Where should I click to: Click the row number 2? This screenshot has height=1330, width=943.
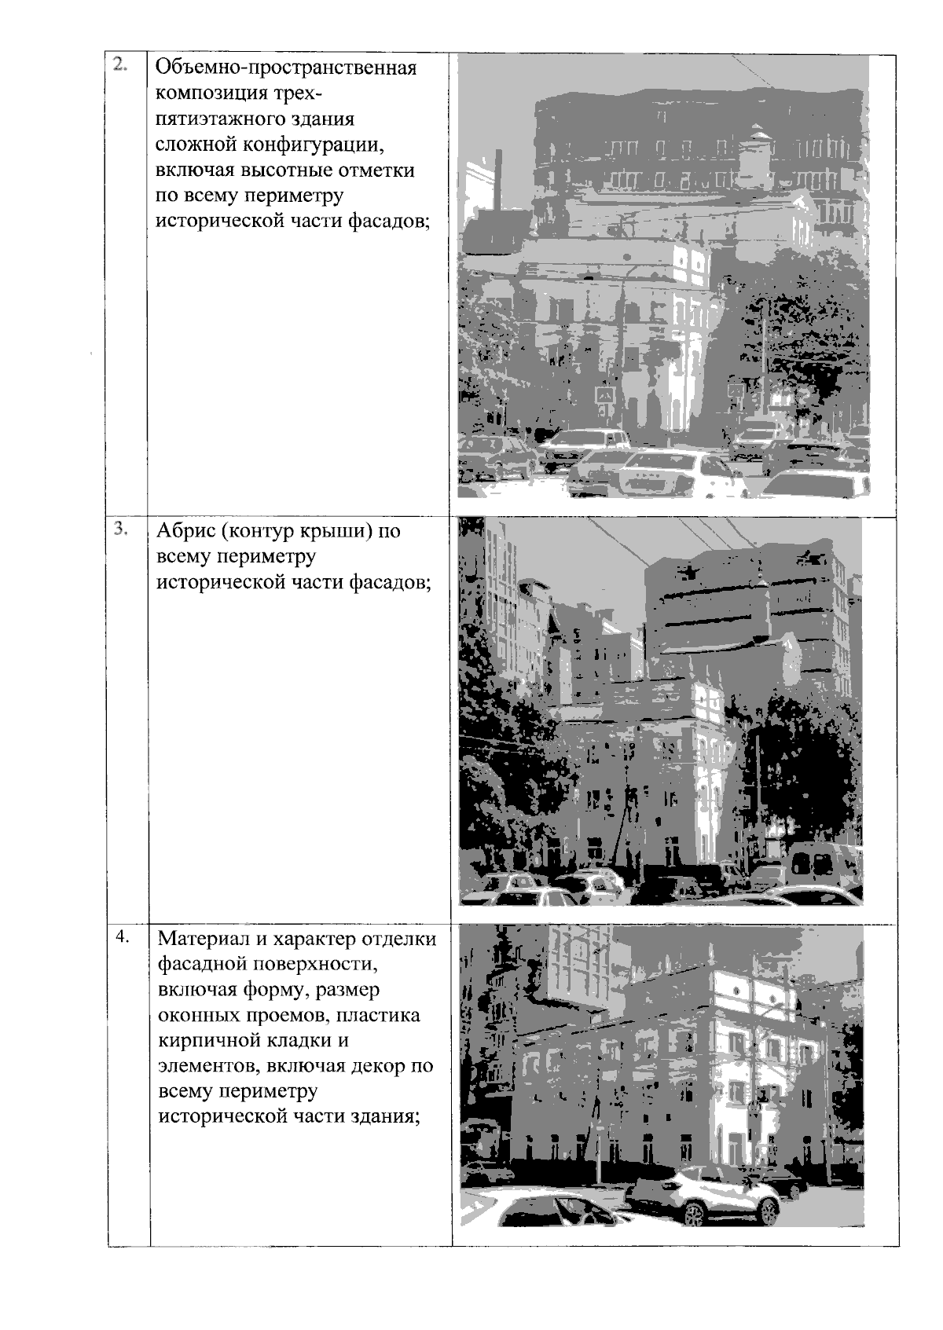pyautogui.click(x=119, y=65)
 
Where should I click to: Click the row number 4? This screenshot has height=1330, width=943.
pyautogui.click(x=122, y=936)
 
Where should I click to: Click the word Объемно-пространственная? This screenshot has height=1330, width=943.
pyautogui.click(x=286, y=68)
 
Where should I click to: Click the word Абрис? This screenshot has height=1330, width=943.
pyautogui.click(x=185, y=532)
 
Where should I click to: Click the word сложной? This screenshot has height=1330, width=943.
pyautogui.click(x=196, y=145)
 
